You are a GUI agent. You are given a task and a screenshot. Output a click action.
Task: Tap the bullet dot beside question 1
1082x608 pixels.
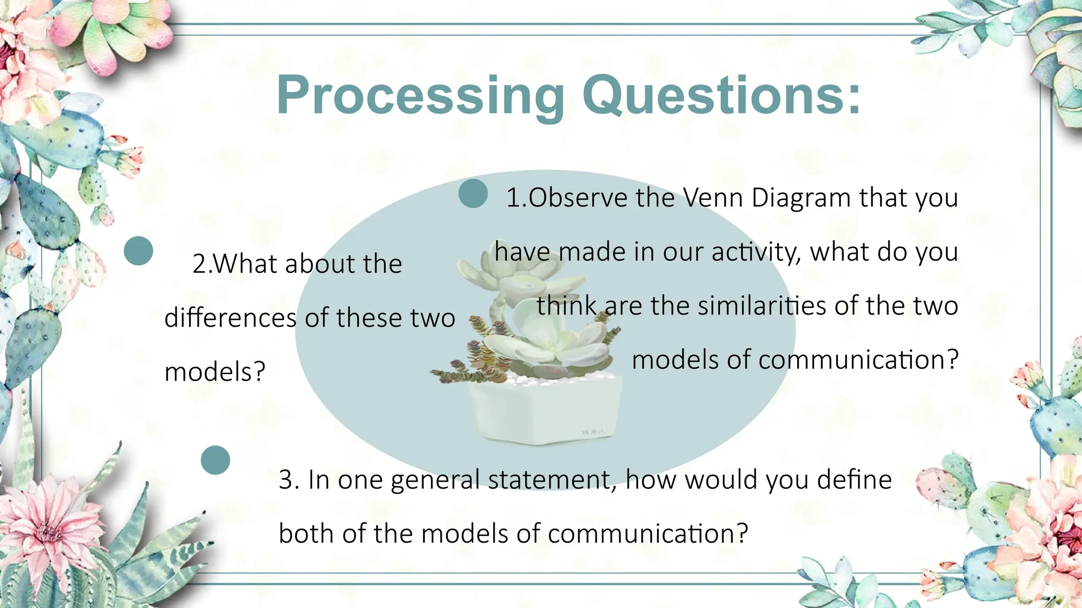[x=473, y=194]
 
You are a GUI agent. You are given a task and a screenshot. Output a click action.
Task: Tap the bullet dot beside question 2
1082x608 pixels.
[x=138, y=251]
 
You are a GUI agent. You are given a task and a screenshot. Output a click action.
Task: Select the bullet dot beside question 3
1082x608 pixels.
[x=216, y=460]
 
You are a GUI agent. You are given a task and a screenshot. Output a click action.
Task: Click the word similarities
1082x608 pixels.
[x=761, y=306]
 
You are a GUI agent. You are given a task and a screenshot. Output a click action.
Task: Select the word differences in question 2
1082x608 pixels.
[x=231, y=318]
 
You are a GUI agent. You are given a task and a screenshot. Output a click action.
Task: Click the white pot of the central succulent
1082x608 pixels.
[x=544, y=412]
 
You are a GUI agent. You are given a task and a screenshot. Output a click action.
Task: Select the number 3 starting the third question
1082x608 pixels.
[x=286, y=480]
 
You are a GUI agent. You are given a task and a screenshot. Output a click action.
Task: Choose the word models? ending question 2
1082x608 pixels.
[x=214, y=372]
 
